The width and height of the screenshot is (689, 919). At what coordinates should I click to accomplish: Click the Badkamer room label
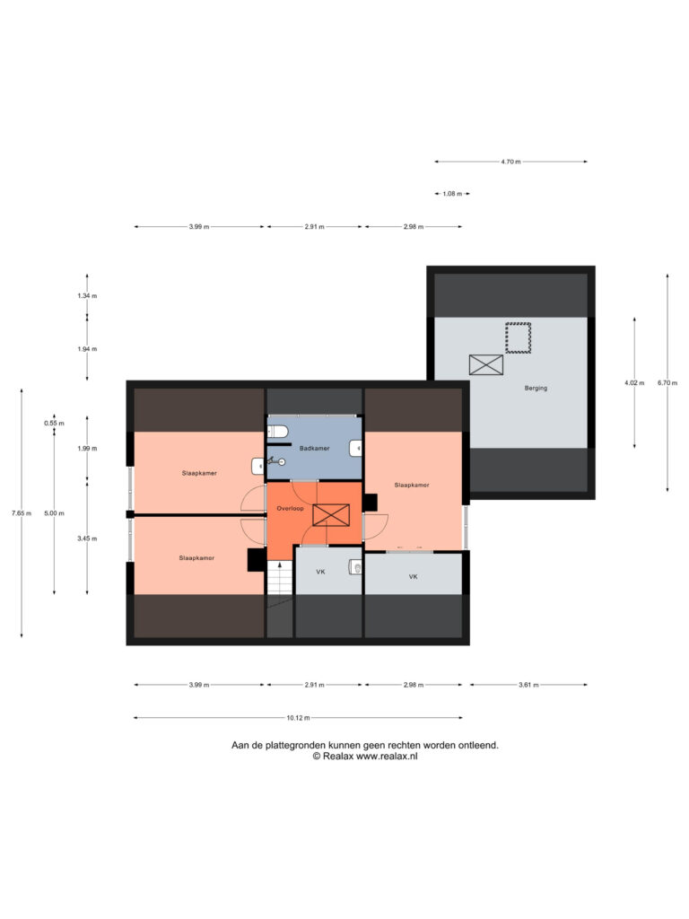(315, 449)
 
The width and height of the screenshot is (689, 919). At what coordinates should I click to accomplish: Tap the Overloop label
(290, 509)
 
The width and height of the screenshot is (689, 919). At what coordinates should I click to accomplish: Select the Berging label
(536, 388)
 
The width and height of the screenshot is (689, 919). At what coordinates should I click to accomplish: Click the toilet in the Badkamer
(278, 433)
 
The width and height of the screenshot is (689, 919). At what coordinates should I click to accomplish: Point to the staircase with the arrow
(280, 577)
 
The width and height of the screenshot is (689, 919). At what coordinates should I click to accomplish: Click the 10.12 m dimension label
(298, 718)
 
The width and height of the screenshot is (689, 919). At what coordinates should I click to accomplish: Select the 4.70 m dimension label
(510, 162)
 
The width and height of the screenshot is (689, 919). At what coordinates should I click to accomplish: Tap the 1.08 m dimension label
(452, 194)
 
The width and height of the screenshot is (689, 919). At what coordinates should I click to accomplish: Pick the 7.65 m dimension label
(22, 513)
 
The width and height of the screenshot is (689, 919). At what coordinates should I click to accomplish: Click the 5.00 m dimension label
(55, 513)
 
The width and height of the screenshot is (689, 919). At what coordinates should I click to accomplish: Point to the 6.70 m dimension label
(667, 383)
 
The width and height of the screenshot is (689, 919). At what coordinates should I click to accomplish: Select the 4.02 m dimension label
(634, 383)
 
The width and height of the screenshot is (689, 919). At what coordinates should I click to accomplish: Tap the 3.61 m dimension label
(528, 685)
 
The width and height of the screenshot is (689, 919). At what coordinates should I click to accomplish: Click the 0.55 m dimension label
(55, 424)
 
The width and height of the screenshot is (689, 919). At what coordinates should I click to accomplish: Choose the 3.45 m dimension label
(87, 538)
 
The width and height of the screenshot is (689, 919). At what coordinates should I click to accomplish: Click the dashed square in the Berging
(519, 337)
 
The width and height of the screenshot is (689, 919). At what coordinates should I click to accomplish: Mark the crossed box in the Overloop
(331, 515)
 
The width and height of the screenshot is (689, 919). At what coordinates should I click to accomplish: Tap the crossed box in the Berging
(486, 364)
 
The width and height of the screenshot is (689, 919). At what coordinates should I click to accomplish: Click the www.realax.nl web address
(387, 757)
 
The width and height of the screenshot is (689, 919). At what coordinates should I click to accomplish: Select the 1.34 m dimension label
(87, 296)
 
